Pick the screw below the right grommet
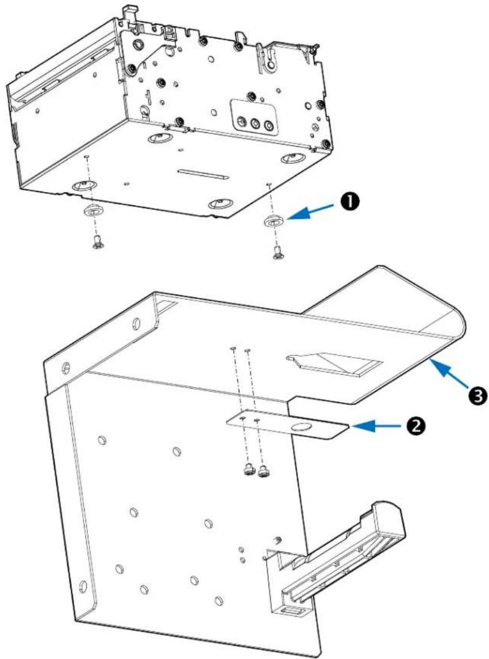[277, 253]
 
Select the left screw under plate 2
[249, 470]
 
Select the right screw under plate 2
[264, 472]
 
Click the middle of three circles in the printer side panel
[255, 124]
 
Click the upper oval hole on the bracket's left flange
[136, 323]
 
